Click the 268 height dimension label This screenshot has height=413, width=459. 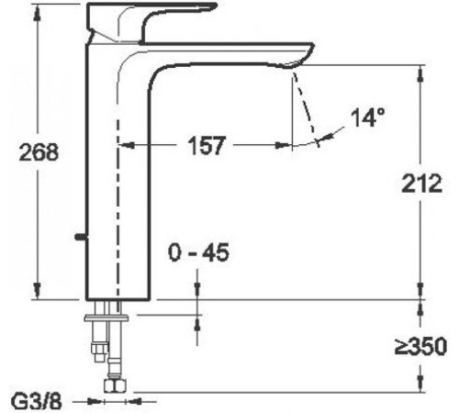pos(39,152)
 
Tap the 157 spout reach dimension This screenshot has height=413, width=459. pos(207,145)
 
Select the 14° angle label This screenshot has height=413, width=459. pos(367,117)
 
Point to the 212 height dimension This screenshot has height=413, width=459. pos(422,184)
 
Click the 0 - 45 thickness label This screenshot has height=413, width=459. pos(198,252)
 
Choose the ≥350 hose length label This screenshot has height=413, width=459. pos(420,346)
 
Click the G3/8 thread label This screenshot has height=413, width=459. pos(37,401)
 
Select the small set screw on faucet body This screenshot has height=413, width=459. pos(81,236)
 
